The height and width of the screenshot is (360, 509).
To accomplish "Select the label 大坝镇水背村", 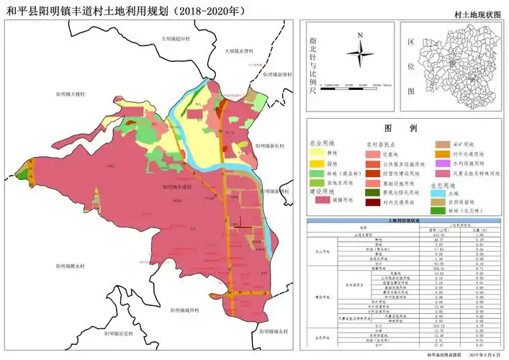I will click(x=238, y=51).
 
